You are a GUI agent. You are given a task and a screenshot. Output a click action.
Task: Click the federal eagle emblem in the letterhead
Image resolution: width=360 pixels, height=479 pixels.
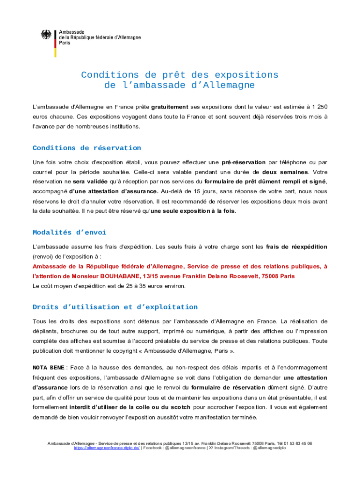coord(46,35)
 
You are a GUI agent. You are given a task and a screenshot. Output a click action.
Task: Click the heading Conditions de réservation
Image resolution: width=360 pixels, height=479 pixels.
coord(86,148)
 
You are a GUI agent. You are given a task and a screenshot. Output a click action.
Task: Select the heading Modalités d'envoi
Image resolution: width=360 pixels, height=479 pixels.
coord(69,232)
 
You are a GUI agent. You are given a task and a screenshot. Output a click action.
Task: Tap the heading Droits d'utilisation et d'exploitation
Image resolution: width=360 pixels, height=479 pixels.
coord(115,307)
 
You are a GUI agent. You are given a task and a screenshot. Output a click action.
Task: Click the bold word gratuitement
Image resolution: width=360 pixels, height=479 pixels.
coord(170,107)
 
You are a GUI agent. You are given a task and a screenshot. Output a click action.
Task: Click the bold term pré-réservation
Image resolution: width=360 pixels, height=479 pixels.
coord(244,162)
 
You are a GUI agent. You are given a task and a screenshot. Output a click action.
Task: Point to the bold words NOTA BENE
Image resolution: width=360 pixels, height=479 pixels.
coord(48,368)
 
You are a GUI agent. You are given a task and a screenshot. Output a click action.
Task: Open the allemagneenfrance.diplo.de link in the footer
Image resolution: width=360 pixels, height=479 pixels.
coord(107,448)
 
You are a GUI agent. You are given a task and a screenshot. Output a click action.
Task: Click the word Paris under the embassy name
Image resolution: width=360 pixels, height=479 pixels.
coord(65,43)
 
